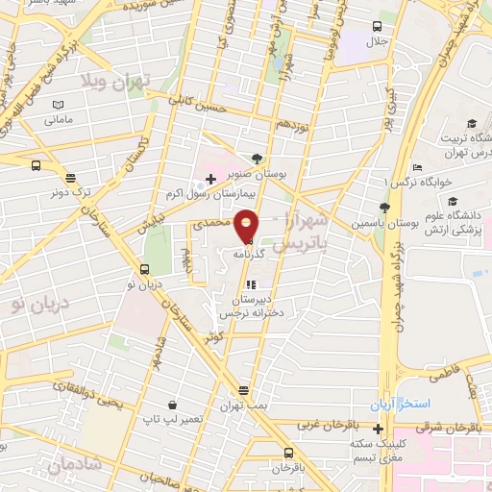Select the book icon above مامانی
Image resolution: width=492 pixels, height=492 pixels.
(59, 104)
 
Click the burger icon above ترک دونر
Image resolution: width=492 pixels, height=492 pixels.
(69, 177)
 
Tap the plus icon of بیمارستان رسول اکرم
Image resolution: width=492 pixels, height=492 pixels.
(210, 179)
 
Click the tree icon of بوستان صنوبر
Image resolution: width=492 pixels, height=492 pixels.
(256, 159)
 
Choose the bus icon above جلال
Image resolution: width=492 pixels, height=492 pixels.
(376, 26)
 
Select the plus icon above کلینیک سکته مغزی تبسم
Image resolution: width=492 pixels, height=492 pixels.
(379, 429)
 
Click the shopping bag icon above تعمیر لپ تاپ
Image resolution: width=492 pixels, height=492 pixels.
(170, 405)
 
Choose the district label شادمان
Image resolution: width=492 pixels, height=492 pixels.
(73, 468)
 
